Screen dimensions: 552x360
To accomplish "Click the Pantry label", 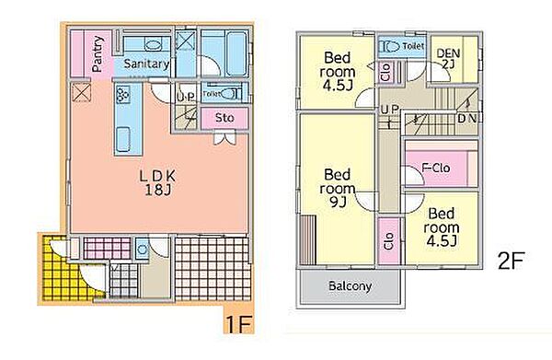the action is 98,54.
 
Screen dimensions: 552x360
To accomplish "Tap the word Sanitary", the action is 146,64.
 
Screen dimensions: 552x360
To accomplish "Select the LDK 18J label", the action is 157,183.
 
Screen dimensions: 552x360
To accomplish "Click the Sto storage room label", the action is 224,118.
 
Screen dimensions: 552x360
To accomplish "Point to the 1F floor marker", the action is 238,324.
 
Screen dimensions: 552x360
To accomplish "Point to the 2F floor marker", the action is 512,261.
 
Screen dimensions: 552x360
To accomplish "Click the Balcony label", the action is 350,286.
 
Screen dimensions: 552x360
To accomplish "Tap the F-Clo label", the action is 436,168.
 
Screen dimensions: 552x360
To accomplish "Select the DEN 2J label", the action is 448,58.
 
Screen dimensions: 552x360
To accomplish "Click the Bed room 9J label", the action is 338,189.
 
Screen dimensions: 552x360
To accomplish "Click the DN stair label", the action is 467,119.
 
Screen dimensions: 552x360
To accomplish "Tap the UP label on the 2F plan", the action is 389,110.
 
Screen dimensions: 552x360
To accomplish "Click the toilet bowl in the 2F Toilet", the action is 390,46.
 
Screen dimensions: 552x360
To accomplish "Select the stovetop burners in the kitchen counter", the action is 123,95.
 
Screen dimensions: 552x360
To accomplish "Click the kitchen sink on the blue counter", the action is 123,140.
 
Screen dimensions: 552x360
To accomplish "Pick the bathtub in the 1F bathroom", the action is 236,53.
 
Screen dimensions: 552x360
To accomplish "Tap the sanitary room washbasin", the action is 153,45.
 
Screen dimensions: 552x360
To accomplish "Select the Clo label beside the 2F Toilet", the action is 385,72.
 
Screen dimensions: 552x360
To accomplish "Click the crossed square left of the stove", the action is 81,92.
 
